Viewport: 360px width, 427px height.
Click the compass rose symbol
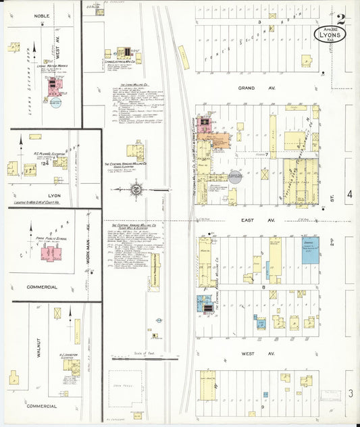pos(136,190)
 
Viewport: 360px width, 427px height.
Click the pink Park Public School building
pos(50,253)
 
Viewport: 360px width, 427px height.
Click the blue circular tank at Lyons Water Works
pos(55,103)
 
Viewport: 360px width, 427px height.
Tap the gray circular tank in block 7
pos(236,176)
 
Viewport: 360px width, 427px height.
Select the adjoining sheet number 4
pos(350,195)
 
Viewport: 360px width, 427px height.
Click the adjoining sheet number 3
pos(350,393)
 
